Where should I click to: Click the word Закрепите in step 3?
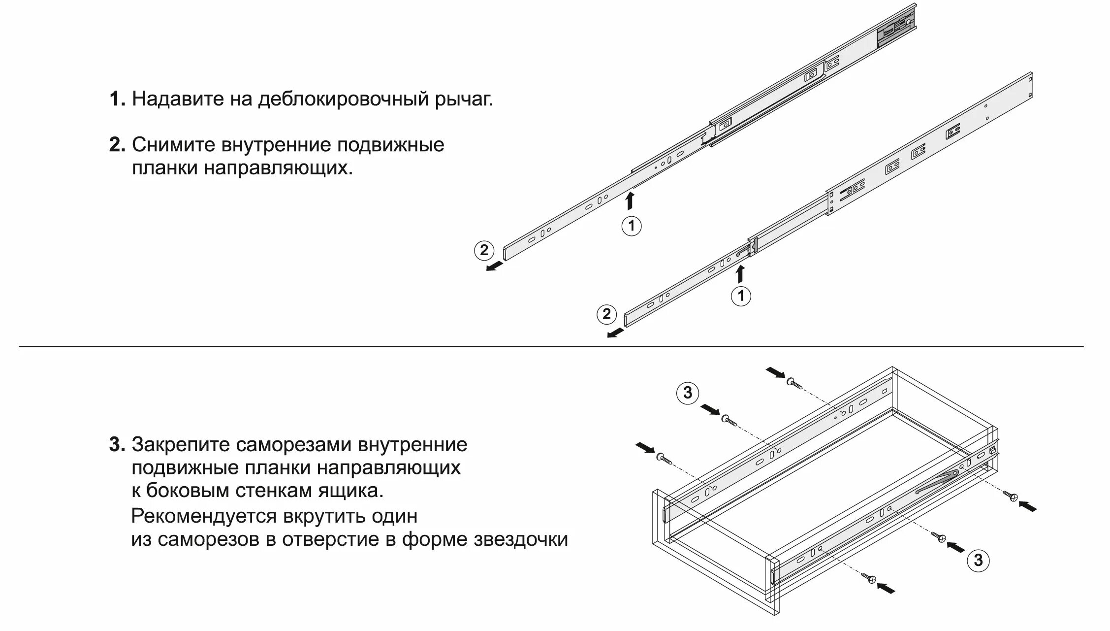point(180,445)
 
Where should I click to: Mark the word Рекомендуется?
point(204,516)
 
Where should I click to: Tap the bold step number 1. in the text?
point(117,100)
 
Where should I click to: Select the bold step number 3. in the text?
point(117,445)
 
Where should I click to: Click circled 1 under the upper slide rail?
point(632,226)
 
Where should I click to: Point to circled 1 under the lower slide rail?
point(741,296)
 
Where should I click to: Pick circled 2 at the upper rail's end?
point(484,250)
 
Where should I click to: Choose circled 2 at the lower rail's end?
point(606,314)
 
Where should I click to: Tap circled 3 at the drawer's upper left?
point(688,393)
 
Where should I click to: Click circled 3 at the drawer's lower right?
point(978,561)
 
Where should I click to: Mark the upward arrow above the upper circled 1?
point(630,201)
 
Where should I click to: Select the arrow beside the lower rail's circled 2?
point(615,333)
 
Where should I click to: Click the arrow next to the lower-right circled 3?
point(956,547)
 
